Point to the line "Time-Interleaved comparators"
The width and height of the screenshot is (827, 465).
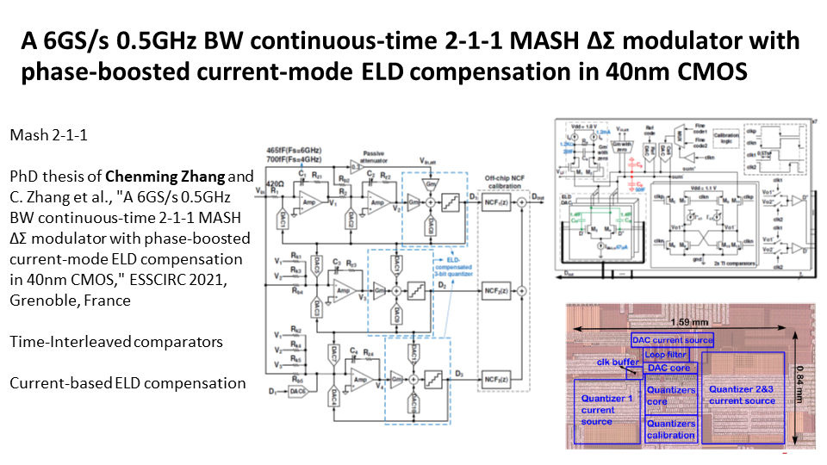(116, 342)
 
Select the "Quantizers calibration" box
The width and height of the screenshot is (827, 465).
(670, 429)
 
